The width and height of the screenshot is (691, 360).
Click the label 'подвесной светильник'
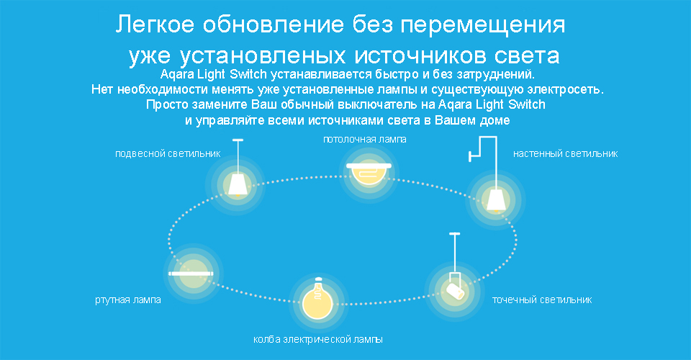[x=168, y=154]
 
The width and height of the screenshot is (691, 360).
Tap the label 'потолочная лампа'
[x=365, y=140]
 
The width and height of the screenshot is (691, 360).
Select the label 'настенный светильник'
[x=566, y=154]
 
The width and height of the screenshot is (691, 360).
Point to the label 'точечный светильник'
[x=542, y=300]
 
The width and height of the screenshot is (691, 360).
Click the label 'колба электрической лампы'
[x=318, y=340]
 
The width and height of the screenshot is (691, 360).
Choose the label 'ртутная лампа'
[x=128, y=300]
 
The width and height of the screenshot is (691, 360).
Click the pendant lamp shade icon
[x=238, y=184]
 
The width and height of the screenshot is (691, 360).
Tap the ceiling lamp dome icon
[x=369, y=172]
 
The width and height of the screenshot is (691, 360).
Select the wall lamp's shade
[x=496, y=200]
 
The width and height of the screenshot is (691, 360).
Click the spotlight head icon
[x=455, y=291]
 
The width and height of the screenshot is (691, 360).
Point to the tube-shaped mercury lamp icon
[x=191, y=274]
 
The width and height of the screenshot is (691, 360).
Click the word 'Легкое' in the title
[x=155, y=24]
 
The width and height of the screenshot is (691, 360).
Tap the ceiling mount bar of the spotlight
[x=455, y=233]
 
